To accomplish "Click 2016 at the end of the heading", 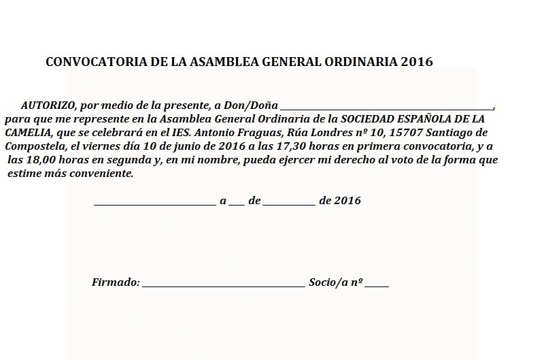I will [x=417, y=62].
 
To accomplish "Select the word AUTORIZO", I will [x=48, y=105].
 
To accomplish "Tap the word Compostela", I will [x=33, y=146].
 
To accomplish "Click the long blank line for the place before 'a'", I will [x=154, y=203].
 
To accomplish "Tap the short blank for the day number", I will [x=236, y=203].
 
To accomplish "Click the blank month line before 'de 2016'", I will [x=288, y=203].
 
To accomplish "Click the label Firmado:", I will [x=115, y=281].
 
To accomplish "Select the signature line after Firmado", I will [x=224, y=284].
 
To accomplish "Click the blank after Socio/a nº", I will [x=377, y=284].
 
